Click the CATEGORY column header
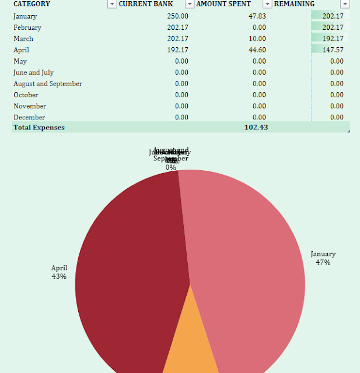coord(32,4)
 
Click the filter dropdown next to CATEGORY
coord(111,4)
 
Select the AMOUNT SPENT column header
coord(223,4)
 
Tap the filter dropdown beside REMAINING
coord(345,4)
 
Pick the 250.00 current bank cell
coord(177,16)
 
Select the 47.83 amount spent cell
coord(257,16)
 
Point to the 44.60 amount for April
coord(257,50)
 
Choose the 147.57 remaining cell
coord(333,50)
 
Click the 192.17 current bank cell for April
coord(177,50)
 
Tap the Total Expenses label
coord(39,127)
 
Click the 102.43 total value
coord(256,127)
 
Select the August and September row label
coord(48,84)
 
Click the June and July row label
coord(34,72)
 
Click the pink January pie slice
coord(251,262)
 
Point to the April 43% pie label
coord(59,272)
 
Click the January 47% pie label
coord(323,258)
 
